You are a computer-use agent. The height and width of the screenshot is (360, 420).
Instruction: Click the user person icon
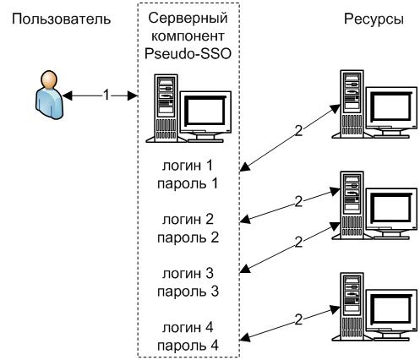coord(49,95)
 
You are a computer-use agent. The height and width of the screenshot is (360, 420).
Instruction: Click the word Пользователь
coord(61,19)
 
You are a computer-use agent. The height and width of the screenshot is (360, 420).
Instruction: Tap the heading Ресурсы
coord(374,19)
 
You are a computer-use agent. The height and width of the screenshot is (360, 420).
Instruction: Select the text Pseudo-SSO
coord(188,53)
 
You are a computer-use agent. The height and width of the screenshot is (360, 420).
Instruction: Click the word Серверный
coord(188,19)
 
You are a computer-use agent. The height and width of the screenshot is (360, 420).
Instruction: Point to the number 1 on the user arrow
coord(106,95)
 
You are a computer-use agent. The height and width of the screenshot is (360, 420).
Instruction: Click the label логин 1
coord(188,166)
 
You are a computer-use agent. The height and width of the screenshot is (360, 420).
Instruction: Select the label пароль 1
coord(188,184)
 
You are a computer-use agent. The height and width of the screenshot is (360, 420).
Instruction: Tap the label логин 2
coord(188,220)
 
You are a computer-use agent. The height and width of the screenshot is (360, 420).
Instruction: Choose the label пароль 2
coord(188,238)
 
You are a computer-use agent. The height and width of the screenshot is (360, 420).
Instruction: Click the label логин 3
coord(188,274)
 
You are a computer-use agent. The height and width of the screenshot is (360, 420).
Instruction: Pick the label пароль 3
coord(188,292)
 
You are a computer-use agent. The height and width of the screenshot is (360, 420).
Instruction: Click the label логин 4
coord(188,328)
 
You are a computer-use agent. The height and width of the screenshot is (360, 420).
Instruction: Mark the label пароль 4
coord(188,346)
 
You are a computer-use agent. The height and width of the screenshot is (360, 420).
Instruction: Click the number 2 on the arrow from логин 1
coord(298,131)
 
